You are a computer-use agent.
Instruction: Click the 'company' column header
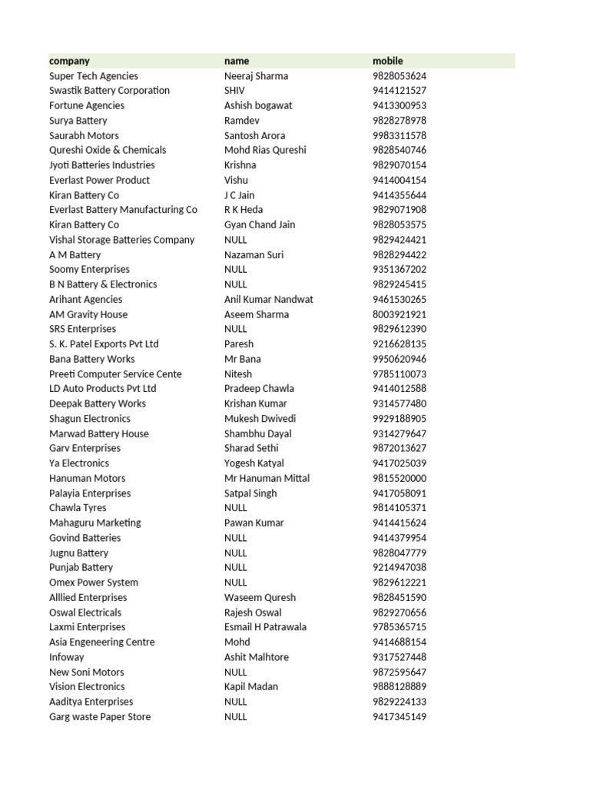pos(69,61)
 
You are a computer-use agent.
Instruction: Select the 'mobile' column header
pos(387,61)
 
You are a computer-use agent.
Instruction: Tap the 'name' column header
pos(237,61)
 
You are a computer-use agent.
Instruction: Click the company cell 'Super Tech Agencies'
pos(94,76)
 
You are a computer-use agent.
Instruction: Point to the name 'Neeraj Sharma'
pos(256,76)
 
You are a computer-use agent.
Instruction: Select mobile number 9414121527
pos(399,91)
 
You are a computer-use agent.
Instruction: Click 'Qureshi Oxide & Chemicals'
pos(108,150)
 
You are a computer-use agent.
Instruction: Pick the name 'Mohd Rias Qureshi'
pos(265,150)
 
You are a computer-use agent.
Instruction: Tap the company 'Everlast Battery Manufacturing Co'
pos(123,210)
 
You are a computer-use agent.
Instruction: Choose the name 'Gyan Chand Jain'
pos(260,224)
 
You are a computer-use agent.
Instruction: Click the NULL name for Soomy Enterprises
pos(236,270)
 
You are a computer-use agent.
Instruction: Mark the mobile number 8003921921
pos(399,314)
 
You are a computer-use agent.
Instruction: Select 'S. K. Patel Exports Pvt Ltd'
pos(104,344)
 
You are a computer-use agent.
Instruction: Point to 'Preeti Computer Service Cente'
pos(115,374)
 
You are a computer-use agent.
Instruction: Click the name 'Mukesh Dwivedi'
pos(260,419)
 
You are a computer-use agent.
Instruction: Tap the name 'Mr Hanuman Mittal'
pos(267,478)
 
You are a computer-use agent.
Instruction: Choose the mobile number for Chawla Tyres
pos(399,508)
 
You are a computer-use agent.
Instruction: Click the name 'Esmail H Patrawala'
pos(265,627)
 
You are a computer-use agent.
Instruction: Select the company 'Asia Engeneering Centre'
pos(102,642)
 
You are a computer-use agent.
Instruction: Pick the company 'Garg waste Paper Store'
pos(100,717)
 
